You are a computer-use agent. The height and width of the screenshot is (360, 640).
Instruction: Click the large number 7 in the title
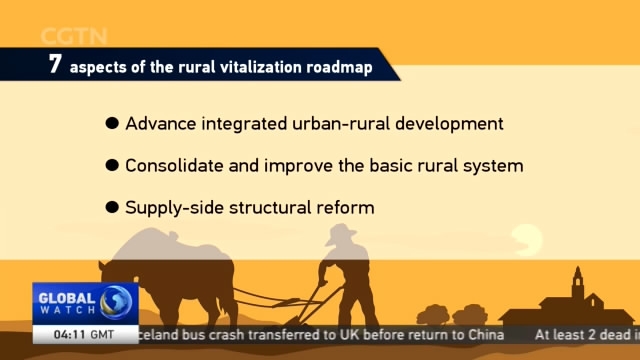pos(55,65)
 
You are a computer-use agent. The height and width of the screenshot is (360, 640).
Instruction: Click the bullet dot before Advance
pos(112,124)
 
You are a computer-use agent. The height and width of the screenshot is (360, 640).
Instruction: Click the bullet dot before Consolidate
pos(112,166)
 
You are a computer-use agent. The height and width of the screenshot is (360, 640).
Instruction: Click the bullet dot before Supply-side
pos(112,208)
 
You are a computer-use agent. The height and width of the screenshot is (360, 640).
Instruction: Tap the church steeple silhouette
pos(576,279)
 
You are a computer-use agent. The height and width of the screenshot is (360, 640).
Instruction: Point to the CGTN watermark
pos(75,37)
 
